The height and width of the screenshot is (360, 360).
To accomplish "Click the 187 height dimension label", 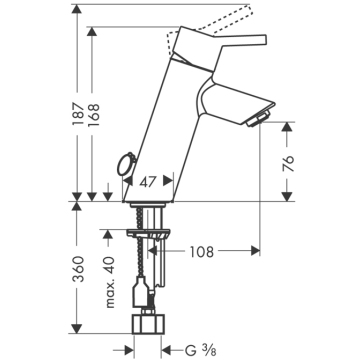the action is (78, 114).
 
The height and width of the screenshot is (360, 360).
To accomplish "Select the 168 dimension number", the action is (93, 115).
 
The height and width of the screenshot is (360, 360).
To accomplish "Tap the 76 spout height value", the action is (288, 163).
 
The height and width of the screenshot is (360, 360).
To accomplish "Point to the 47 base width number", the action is (148, 182).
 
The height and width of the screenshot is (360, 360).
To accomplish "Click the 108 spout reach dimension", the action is (202, 252).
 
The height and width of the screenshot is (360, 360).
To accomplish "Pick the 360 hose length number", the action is (78, 268).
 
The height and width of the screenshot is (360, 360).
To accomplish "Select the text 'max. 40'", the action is (109, 282).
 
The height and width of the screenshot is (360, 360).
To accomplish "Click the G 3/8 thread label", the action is (201, 351).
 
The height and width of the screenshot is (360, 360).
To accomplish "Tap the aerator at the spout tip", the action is (258, 119).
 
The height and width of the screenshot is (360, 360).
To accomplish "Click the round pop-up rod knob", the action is (125, 164).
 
